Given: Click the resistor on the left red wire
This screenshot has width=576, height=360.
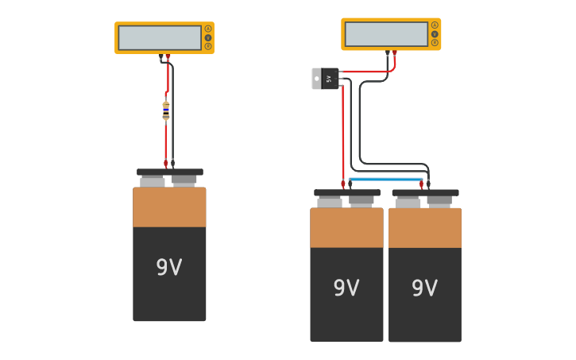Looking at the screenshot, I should tap(166, 110).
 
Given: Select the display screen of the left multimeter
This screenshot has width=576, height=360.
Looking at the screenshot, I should tap(160, 37).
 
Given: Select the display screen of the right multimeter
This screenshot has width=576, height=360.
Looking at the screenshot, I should tap(386, 34).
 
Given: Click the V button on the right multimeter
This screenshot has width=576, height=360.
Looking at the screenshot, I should tap(435, 33).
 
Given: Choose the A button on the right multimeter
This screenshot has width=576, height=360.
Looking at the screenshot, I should tap(435, 25).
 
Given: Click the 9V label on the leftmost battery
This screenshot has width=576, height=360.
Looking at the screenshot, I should tap(169, 268).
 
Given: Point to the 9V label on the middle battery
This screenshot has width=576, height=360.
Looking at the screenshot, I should tap(346, 288).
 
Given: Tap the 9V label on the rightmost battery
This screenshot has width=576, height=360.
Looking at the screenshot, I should tap(424, 288).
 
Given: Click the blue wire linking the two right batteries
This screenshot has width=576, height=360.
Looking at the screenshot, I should tap(385, 180).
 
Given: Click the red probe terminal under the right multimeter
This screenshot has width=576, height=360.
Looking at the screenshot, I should tap(394, 53).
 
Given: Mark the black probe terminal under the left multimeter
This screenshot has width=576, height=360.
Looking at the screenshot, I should tap(161, 57).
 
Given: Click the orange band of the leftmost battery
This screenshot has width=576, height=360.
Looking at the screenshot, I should tap(169, 207).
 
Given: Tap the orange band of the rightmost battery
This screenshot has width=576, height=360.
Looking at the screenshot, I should tap(424, 228).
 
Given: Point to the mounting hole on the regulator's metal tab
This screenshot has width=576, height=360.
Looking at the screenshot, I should tap(316, 79).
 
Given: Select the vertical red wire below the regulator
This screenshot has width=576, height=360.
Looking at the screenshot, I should tap(342, 135).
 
